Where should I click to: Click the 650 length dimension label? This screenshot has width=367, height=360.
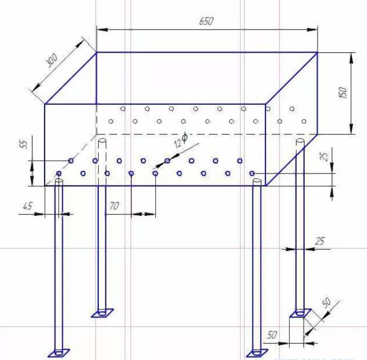pos(206,21)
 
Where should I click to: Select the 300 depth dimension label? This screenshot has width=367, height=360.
pos(52,60)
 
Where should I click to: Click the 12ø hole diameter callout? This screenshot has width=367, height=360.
pos(181,141)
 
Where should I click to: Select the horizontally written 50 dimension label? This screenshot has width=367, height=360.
pos(271,334)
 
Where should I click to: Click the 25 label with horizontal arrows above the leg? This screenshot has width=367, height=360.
pos(320,242)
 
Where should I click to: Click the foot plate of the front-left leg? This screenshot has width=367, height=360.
pos(59,353)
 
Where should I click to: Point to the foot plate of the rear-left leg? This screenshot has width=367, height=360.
pos(102,312)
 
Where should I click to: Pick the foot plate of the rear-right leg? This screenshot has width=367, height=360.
pos(300,312)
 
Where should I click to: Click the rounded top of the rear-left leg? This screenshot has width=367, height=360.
pos(102,141)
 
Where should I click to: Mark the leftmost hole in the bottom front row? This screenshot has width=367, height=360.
pos(59,174)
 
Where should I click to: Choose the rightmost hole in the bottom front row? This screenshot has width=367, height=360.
pos(252,173)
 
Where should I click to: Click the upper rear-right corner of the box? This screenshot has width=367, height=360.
pos(317,52)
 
